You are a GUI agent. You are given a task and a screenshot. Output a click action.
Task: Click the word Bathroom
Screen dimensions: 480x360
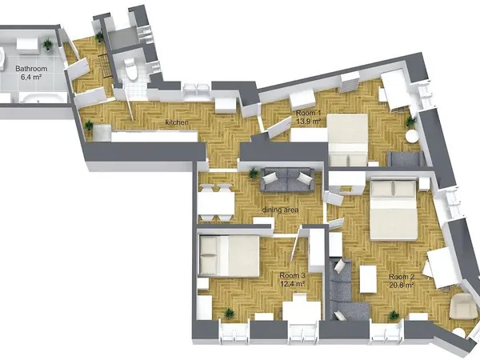coord(31,69)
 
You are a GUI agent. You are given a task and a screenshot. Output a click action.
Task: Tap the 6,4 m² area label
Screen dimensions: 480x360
coord(31,77)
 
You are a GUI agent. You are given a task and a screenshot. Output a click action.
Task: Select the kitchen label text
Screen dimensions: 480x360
coord(177,122)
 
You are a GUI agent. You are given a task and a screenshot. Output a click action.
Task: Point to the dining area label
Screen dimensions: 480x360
coord(280,210)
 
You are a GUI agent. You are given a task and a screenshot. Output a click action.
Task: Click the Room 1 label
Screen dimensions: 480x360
coord(308,113)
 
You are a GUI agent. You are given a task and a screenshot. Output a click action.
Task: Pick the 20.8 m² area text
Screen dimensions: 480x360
coord(402,285)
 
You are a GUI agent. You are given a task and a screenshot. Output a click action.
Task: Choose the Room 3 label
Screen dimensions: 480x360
coord(292,275)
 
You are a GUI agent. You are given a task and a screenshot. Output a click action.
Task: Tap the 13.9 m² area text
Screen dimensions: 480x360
coord(308,122)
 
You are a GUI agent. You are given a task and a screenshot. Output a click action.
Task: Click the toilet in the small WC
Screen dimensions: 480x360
coord(132,70)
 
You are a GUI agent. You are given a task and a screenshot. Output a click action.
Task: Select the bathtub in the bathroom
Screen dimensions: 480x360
coord(43,98)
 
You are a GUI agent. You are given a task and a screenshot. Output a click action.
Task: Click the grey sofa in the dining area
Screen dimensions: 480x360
coord(287,180)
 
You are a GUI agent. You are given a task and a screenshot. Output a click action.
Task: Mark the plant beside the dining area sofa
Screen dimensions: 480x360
coord(253,174)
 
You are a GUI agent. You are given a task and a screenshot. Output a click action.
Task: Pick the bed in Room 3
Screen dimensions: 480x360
coord(229,256)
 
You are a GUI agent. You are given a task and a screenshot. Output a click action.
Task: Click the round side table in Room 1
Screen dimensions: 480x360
coord(411,136)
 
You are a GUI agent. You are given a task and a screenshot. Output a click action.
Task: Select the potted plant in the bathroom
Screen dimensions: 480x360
coord(48,45)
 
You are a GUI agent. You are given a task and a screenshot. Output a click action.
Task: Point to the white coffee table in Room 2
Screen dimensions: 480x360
coord(368,279)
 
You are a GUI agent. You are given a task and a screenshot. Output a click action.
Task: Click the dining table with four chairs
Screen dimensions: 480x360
coord(216,203)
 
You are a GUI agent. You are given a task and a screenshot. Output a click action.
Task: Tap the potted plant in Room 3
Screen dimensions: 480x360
coord(229,314)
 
